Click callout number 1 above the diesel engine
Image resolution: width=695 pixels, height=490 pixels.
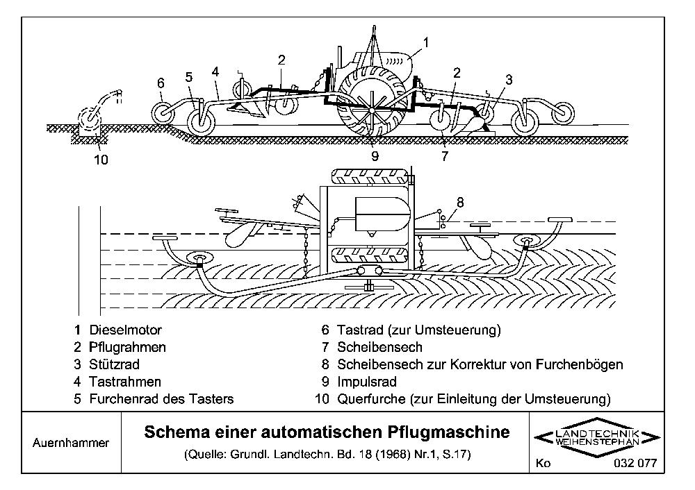click(425, 42)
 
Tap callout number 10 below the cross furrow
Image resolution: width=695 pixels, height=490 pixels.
click(100, 160)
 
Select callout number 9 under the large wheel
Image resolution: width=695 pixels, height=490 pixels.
click(375, 156)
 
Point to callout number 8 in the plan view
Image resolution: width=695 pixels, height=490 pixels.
click(461, 203)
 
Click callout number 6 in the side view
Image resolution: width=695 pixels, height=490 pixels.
click(161, 83)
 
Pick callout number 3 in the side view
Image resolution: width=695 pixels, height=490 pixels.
click(509, 80)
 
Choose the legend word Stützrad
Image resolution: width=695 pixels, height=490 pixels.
click(115, 364)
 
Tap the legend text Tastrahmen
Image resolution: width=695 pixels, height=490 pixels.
click(125, 382)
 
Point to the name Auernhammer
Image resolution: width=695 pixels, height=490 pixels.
click(71, 442)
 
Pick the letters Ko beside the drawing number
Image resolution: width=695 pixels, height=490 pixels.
click(543, 464)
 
